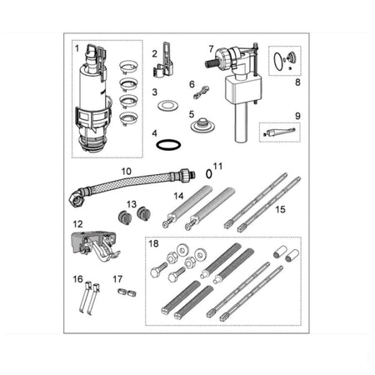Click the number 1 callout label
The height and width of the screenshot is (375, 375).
[x=77, y=48]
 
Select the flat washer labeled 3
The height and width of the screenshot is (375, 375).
[x=167, y=106]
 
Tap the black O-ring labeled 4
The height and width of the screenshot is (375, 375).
[x=168, y=145]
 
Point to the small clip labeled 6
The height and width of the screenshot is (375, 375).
[x=202, y=92]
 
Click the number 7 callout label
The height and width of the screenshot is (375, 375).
[x=211, y=49]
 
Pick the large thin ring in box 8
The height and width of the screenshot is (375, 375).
[x=274, y=62]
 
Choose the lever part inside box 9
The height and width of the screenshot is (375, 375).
[x=280, y=132]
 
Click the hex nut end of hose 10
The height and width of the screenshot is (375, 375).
[x=77, y=199]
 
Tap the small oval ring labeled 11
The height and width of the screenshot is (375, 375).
[x=209, y=174]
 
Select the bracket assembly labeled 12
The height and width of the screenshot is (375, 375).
[x=94, y=246]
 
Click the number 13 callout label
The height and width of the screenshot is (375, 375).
[x=132, y=204]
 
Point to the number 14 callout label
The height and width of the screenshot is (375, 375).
[x=178, y=196]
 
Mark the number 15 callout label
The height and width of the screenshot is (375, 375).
[x=280, y=209]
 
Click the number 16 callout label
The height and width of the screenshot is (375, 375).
[x=77, y=278]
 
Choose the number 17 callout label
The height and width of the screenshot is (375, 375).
[x=117, y=279]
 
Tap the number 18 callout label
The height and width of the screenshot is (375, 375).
[x=153, y=243]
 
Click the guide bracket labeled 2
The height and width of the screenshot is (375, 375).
[x=164, y=61]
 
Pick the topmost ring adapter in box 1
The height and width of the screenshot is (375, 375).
[x=128, y=67]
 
